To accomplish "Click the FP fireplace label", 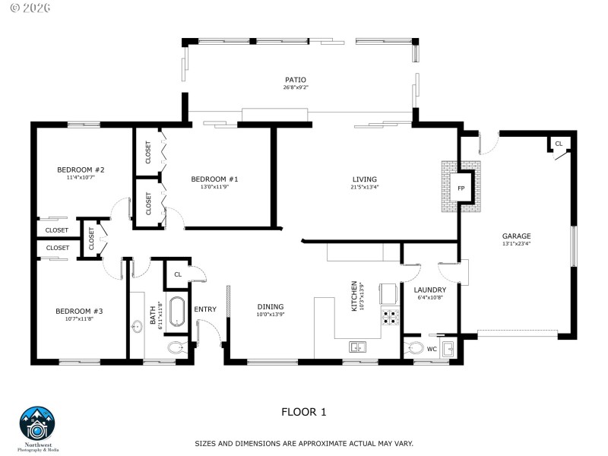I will (x=461, y=188).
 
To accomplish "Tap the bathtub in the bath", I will (x=176, y=312).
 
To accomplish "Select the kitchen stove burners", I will (x=391, y=317).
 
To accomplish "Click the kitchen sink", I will (x=357, y=347).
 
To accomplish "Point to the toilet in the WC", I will (x=415, y=349).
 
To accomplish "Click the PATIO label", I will (x=296, y=79).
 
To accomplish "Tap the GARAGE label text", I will (x=516, y=236).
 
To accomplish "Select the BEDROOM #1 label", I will (x=214, y=179).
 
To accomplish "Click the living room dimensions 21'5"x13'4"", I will (x=364, y=187).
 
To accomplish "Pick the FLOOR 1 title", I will (x=303, y=412).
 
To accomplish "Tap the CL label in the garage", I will (x=559, y=144).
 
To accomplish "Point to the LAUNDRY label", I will (x=429, y=290).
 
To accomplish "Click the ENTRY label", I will (x=205, y=309).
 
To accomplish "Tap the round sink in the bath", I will (x=138, y=328).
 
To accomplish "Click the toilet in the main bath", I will (x=176, y=348).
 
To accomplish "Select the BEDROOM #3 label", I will (x=79, y=311).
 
